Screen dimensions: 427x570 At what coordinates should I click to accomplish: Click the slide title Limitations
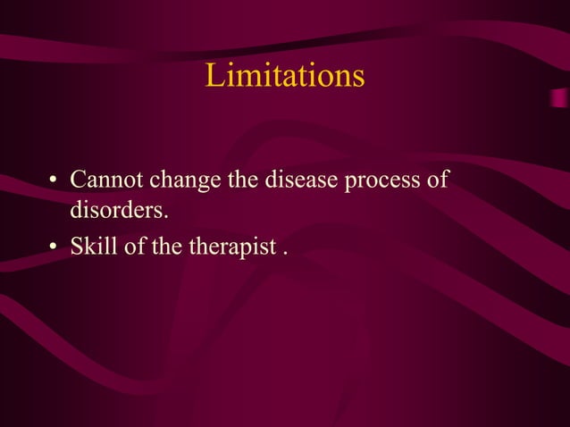pos(285,76)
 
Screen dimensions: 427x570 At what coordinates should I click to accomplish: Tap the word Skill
pos(94,247)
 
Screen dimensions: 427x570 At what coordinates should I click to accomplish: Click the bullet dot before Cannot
pos(54,181)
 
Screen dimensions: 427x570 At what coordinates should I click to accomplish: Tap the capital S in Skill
pos(77,247)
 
